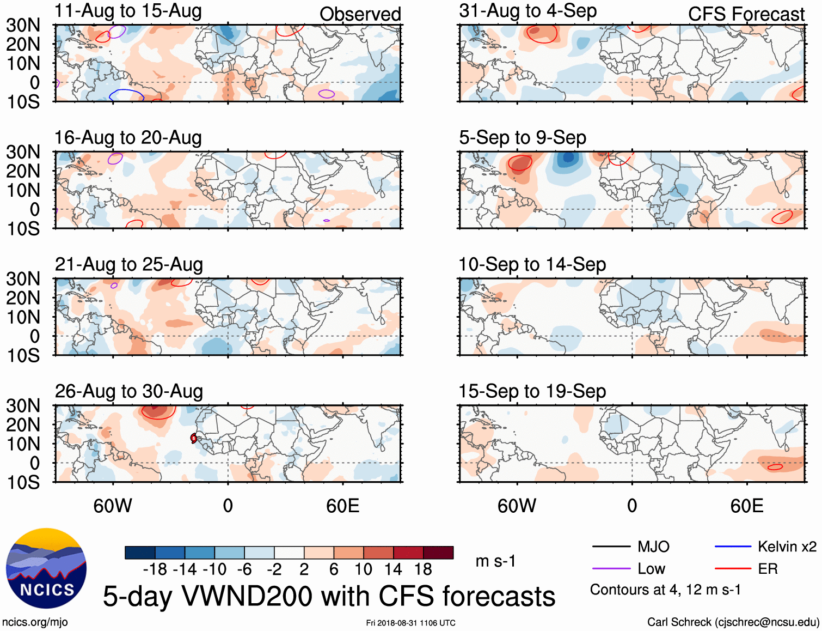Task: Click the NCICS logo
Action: pos(46,568)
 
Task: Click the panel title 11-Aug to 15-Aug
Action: pos(128,11)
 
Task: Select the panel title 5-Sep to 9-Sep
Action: pos(522,138)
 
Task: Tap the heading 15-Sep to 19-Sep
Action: pos(532,391)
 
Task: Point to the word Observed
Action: pos(360,14)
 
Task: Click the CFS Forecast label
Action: pos(746,14)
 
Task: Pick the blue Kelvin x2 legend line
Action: pos(733,547)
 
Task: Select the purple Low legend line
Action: pos(611,569)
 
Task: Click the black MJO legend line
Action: pos(611,547)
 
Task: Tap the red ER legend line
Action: pos(733,569)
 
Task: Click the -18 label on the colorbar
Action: pos(155,569)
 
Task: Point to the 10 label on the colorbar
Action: pos(363,569)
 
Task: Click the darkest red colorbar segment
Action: pos(438,553)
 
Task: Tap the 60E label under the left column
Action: pos(342,506)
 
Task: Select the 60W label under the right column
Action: pos(517,506)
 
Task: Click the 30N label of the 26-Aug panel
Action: pos(23,405)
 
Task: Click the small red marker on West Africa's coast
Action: pos(194,438)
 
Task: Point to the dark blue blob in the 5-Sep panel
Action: pos(568,159)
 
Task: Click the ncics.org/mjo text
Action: pos(35,622)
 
